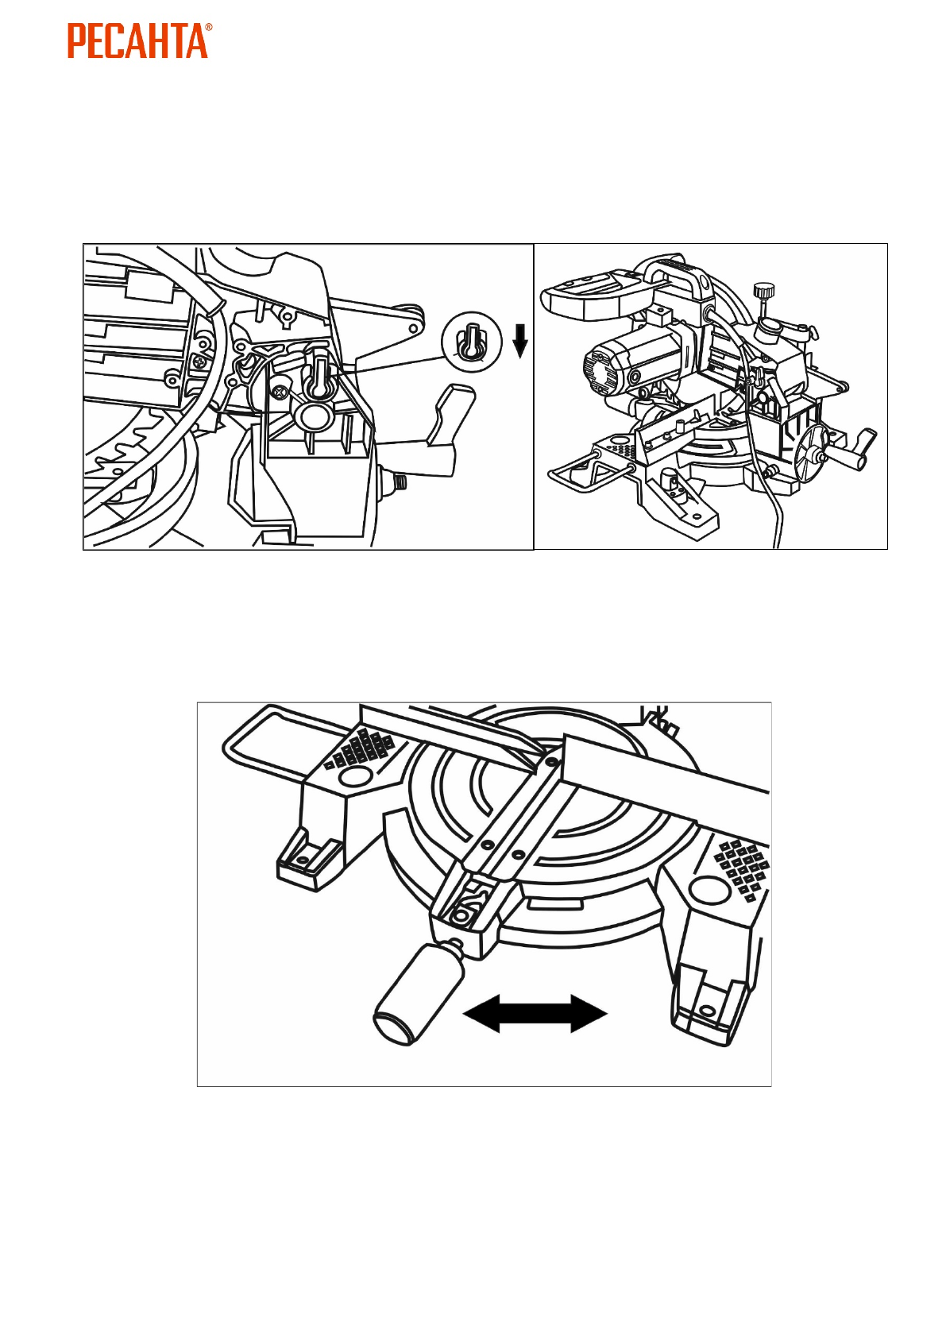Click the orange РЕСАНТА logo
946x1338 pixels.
[137, 41]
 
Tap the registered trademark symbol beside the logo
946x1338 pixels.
[208, 28]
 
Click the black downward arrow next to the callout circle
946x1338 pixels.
[520, 339]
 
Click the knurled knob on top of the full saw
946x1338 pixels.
[764, 291]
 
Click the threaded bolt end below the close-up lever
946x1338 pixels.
[399, 481]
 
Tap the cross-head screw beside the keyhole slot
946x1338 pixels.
[280, 392]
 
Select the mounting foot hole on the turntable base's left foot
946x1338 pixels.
[302, 860]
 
